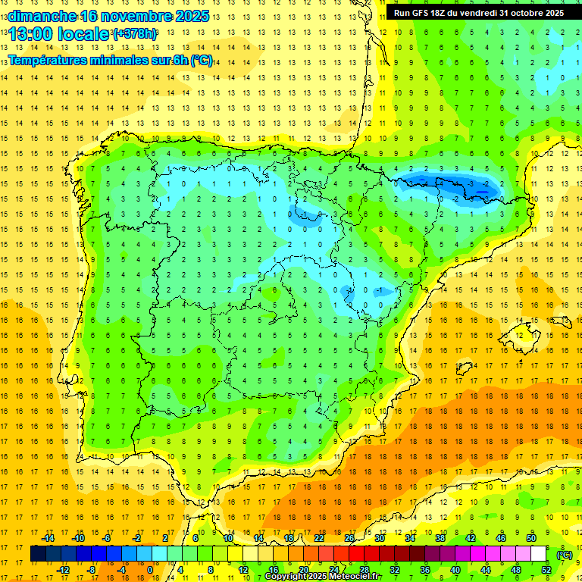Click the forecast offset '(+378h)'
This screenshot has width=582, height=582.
134,34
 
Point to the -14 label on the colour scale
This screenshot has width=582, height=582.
47,538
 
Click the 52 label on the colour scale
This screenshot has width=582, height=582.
546,570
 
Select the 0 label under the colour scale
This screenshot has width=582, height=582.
150,570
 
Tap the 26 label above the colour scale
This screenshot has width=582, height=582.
349,538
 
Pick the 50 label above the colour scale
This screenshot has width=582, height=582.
531,538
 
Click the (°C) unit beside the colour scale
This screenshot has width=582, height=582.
565,555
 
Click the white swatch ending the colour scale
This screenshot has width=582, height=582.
538,554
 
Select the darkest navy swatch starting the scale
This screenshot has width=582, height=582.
38,554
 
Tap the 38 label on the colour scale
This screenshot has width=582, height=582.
440,538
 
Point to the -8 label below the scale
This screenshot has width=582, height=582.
91,570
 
